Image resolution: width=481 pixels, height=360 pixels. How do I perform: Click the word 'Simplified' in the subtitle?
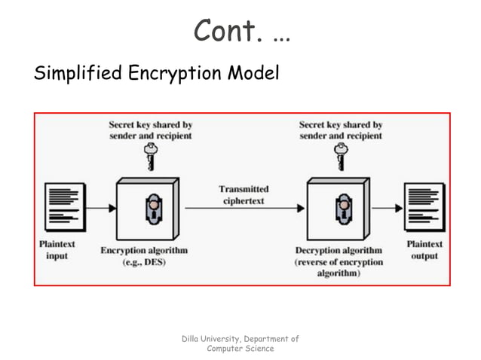coord(77,74)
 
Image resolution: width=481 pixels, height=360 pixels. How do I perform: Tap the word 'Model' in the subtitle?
coord(253,74)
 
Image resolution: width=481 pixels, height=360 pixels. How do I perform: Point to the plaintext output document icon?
coord(424,206)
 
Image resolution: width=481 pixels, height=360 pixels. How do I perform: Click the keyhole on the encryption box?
coord(152,209)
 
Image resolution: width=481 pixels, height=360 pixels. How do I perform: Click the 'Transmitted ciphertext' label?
coord(243,194)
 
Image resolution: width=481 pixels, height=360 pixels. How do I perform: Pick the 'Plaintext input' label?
coord(57,250)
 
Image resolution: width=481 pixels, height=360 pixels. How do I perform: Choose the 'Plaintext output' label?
coord(424,250)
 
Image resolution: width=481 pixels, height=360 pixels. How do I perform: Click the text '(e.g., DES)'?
coord(144,262)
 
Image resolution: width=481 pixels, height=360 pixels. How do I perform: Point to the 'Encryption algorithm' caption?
coord(144,250)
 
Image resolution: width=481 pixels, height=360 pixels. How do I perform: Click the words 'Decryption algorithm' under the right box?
coord(339,250)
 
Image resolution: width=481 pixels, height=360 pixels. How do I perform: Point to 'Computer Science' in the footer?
coord(240,349)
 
